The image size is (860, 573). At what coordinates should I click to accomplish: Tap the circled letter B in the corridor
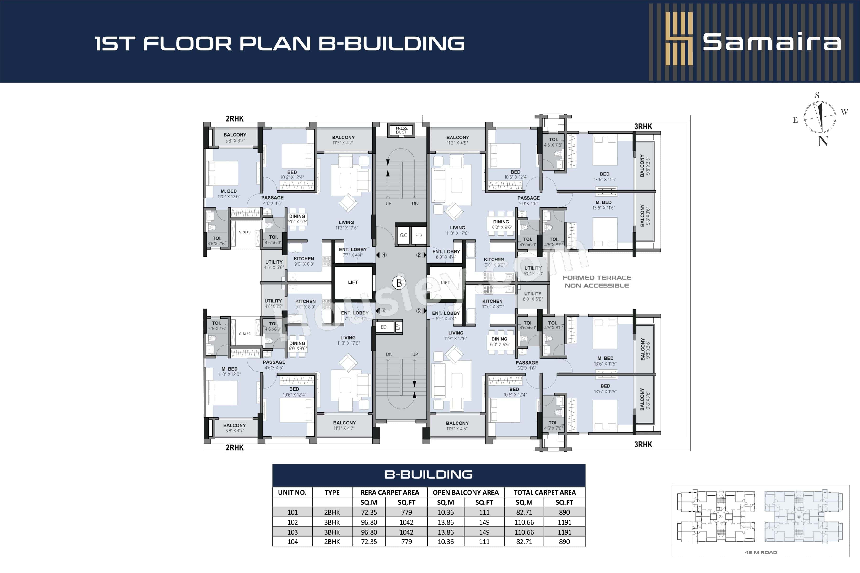(399, 283)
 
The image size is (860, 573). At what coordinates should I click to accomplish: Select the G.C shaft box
(403, 235)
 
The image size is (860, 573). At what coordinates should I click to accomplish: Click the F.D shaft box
(418, 235)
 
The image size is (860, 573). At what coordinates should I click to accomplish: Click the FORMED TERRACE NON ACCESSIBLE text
(597, 282)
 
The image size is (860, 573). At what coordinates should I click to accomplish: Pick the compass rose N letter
(823, 141)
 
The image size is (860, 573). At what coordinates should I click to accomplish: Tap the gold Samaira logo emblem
(679, 39)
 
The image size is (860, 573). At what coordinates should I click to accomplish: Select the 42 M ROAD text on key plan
(761, 552)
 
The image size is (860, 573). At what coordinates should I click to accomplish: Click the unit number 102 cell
(292, 522)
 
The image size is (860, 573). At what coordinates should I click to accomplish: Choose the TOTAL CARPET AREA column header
(544, 493)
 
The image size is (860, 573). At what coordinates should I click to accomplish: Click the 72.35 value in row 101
(369, 512)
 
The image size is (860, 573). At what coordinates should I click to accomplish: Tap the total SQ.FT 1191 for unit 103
(564, 532)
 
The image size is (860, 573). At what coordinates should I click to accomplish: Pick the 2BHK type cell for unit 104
(332, 541)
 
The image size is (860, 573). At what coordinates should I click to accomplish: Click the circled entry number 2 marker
(419, 255)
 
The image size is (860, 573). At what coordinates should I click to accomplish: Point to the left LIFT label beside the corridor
(353, 282)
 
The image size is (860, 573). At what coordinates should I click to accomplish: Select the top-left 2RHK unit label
(234, 118)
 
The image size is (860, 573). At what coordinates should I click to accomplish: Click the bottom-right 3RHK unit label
(643, 444)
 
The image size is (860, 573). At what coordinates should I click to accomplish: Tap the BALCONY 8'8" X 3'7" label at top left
(235, 138)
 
